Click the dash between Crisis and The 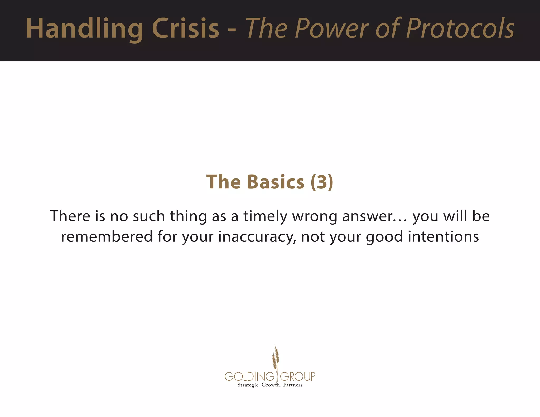tap(232, 30)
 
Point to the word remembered tap(107, 236)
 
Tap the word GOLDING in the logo tap(249, 376)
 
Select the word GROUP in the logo tap(297, 376)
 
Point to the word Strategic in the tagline tap(248, 385)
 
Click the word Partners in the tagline tap(293, 385)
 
